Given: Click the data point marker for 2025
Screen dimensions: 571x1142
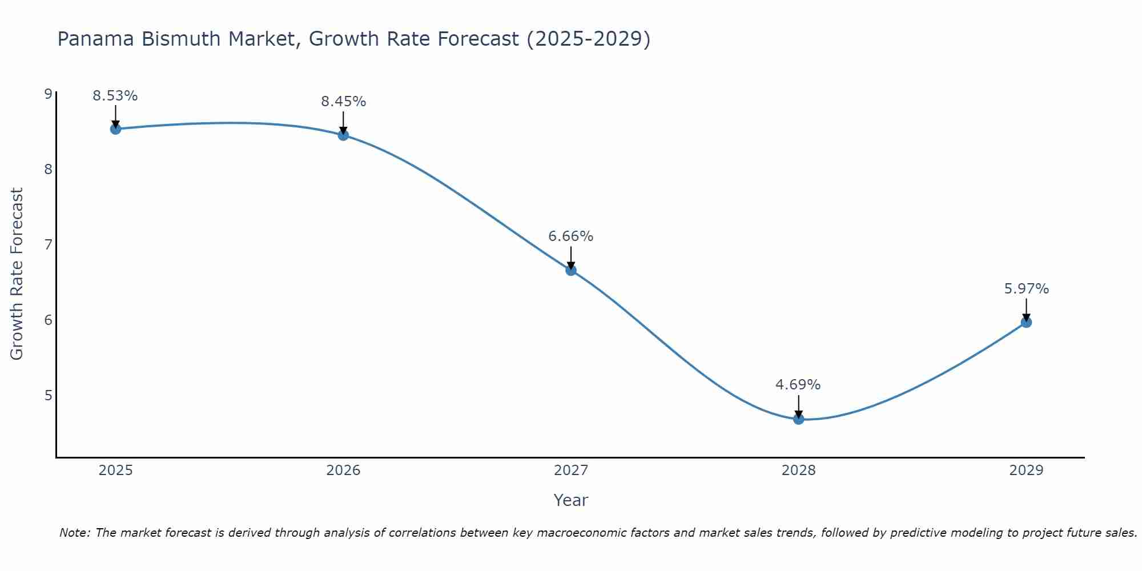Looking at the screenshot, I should pos(115,129).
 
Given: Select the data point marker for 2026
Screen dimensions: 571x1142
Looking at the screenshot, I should pos(343,135).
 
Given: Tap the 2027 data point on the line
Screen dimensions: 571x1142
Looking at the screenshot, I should pos(571,270).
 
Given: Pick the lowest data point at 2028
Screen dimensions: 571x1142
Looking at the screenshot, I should pos(798,419).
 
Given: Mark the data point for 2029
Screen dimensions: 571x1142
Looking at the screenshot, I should pos(1026,323).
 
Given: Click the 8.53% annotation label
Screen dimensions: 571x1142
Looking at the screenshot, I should pos(115,96).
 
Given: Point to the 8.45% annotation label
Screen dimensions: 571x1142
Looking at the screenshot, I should pos(343,102).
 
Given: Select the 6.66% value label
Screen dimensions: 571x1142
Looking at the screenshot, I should pos(571,236).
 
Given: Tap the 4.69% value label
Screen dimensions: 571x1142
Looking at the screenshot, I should pos(798,385).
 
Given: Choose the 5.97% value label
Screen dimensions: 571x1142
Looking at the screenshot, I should pos(1026,289).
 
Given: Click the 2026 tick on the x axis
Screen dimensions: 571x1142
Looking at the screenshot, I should pos(343,471).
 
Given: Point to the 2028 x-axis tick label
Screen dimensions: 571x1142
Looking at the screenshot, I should pos(798,471).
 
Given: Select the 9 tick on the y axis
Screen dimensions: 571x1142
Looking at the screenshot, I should pos(48,94).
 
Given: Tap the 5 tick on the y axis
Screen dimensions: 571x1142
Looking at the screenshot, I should pos(48,395).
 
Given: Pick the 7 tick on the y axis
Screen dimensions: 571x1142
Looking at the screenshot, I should pos(48,244).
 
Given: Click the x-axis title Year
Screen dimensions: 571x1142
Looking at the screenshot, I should pos(570,500).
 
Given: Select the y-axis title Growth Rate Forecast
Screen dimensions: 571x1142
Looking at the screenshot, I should pos(17,274).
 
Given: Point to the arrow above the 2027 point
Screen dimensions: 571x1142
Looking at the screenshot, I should pos(571,257).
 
